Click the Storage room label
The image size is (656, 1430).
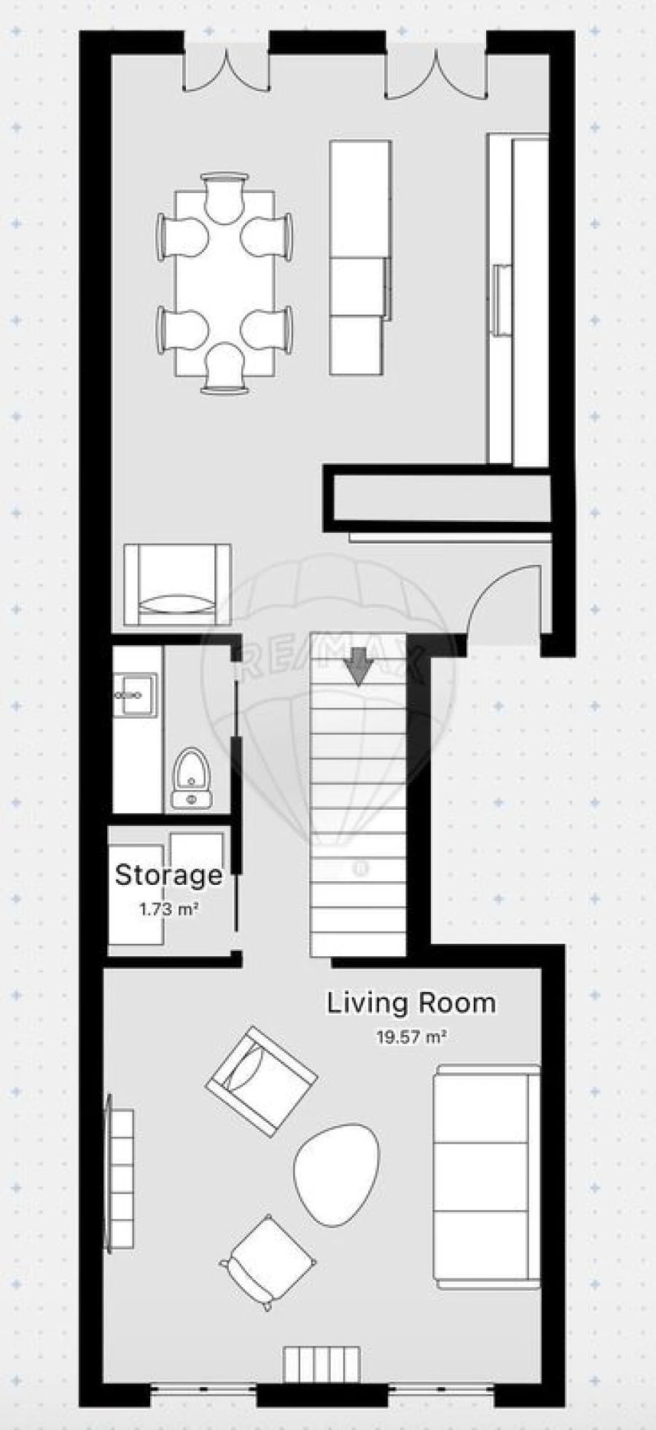click(168, 875)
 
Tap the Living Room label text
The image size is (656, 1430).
click(410, 1003)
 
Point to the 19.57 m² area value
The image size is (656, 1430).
click(410, 1036)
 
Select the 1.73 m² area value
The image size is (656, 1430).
click(169, 910)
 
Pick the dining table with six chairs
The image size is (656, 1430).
click(225, 283)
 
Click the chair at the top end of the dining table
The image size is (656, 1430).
click(224, 197)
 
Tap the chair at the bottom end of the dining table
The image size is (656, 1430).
click(224, 370)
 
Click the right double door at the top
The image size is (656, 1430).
click(435, 73)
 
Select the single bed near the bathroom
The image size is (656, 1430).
click(177, 585)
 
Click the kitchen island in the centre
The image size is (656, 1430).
click(360, 258)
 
